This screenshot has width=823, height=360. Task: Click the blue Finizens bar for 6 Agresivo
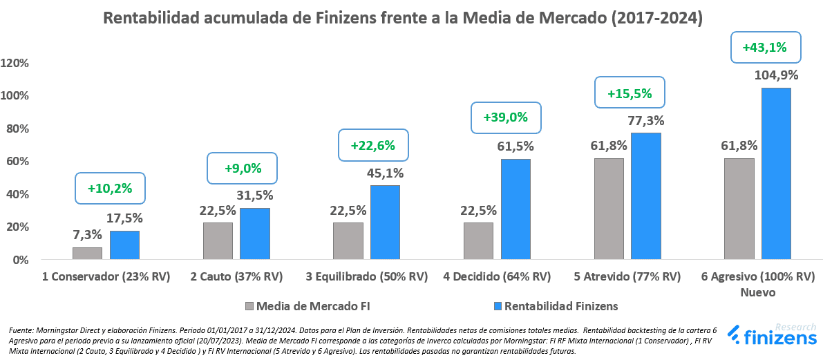(x=776, y=173)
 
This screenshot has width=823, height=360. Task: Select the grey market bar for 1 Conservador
(x=87, y=253)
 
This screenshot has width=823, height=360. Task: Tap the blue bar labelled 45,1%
(x=385, y=222)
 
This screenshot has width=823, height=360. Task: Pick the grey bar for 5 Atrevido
(x=609, y=209)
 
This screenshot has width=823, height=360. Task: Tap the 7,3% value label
(x=87, y=234)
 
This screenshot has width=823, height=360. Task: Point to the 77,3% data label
(x=645, y=120)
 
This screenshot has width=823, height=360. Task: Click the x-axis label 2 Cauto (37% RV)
(x=236, y=277)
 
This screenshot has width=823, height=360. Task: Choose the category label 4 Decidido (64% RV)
(x=497, y=277)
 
